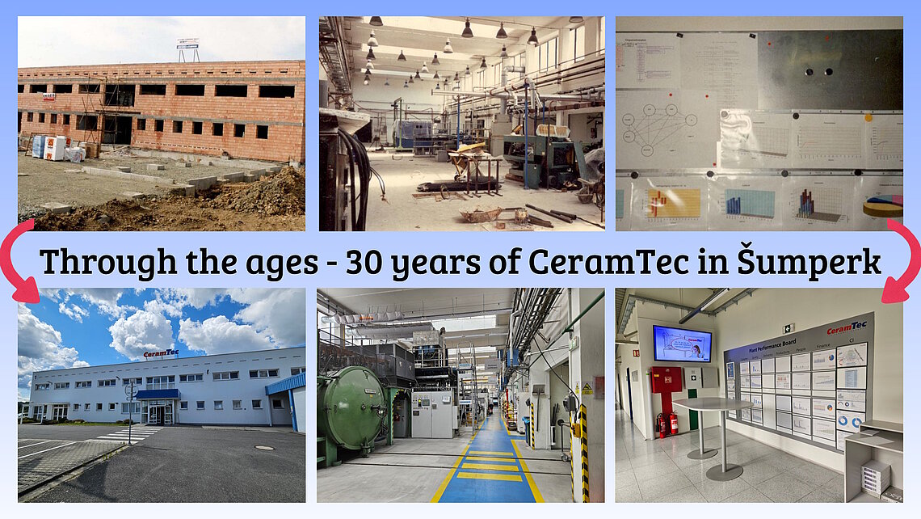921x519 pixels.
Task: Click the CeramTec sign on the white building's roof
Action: [x=161, y=353]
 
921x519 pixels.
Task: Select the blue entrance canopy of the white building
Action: [x=158, y=394]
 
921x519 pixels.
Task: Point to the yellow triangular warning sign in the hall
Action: [x=587, y=389]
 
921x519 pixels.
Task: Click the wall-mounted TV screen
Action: [x=682, y=344]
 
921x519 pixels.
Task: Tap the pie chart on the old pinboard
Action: [x=882, y=207]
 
